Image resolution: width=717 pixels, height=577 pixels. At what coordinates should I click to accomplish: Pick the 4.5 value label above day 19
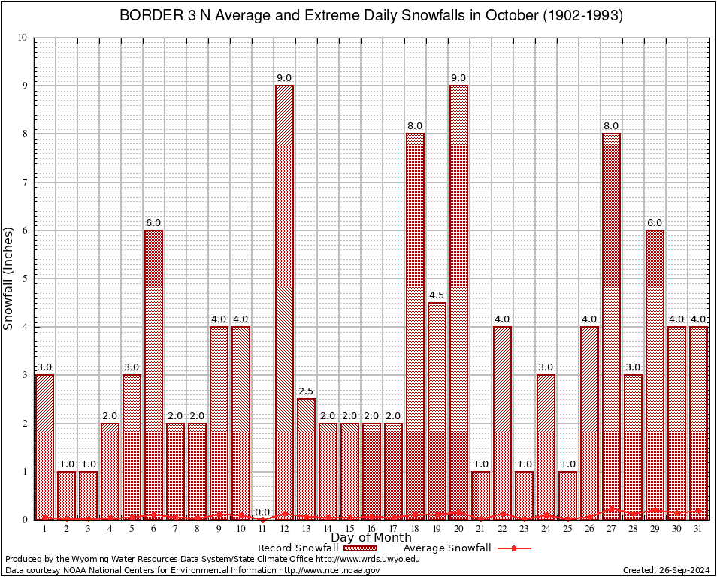[437, 295]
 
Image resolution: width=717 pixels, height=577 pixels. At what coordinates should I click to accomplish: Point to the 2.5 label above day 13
[306, 391]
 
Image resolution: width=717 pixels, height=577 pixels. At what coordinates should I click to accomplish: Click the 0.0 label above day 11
[262, 512]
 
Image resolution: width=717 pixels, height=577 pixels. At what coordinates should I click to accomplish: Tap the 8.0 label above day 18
[415, 125]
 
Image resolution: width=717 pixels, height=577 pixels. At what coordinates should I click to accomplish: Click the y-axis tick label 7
[25, 183]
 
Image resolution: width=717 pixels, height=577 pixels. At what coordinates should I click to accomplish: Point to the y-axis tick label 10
[23, 38]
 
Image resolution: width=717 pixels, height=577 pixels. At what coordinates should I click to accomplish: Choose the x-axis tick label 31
[698, 529]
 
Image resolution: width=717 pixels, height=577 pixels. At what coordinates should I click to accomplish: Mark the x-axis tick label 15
[349, 529]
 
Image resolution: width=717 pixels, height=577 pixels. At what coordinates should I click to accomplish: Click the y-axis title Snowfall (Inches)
[9, 278]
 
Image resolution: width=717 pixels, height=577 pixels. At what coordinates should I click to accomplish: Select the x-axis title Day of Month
[371, 538]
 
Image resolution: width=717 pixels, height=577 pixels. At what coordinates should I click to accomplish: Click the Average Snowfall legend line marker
[513, 548]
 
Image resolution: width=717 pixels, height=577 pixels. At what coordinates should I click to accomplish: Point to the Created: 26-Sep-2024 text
[667, 570]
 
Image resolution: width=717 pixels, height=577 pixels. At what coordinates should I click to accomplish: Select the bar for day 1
[44, 446]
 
